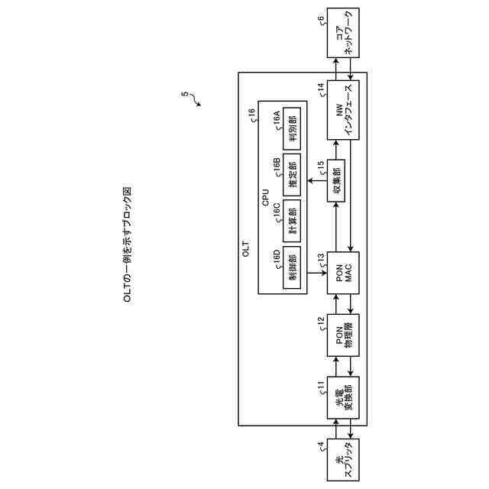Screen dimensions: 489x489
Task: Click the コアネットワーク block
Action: (343, 35)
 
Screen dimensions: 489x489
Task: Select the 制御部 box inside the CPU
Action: (290, 267)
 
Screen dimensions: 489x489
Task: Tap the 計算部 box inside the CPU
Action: (290, 220)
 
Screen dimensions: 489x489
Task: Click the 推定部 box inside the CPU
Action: (290, 173)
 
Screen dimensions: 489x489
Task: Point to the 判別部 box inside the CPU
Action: (290, 126)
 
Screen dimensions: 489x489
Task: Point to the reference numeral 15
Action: (321, 162)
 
